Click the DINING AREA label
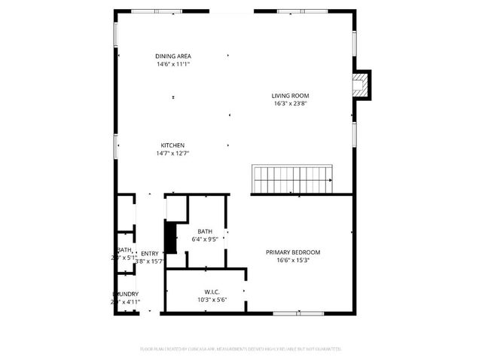click(172, 56)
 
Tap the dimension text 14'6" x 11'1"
click(172, 65)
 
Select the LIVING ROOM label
click(291, 96)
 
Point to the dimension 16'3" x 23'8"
click(291, 104)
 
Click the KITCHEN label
click(172, 145)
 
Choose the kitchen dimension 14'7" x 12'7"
click(172, 154)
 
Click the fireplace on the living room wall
click(362, 85)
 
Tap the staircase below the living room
click(292, 180)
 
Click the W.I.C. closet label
click(212, 291)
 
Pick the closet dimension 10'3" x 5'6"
click(212, 300)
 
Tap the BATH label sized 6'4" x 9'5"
click(205, 232)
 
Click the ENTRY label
click(150, 253)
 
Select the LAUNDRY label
click(125, 294)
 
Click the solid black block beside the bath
click(170, 238)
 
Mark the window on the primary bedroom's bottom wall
click(288, 313)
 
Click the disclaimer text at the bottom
click(241, 349)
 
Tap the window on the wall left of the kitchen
click(116, 145)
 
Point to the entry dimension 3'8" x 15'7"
click(150, 261)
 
